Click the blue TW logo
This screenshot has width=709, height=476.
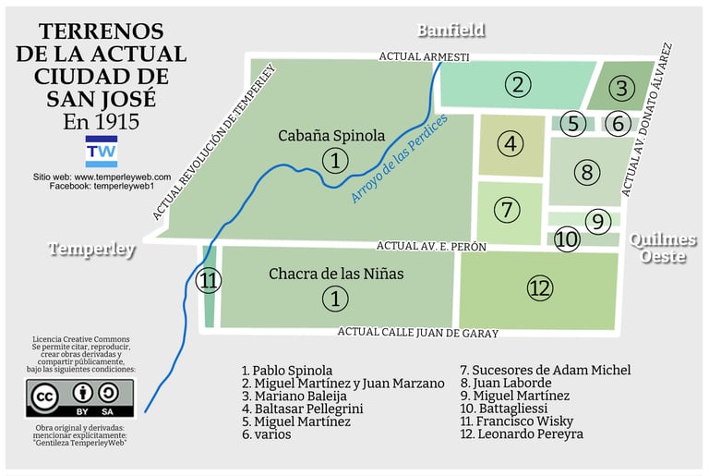(101, 151)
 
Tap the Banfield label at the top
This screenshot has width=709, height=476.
(451, 31)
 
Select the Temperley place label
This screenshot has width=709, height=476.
(92, 250)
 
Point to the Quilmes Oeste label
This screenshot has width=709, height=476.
(664, 248)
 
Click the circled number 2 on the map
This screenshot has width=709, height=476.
(518, 85)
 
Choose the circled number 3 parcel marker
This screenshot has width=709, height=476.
(621, 89)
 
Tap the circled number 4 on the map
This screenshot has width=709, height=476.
(510, 144)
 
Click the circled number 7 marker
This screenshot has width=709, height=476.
(506, 210)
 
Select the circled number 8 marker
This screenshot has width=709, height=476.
(586, 172)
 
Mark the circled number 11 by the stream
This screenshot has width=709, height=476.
(210, 281)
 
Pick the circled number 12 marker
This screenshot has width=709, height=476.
(540, 288)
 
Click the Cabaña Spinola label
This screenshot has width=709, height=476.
(331, 136)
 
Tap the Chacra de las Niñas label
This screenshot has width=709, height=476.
(336, 275)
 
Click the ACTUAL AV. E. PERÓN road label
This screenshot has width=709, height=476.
(431, 247)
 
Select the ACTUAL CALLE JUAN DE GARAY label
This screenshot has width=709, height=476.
(417, 334)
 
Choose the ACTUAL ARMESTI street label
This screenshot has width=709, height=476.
(424, 57)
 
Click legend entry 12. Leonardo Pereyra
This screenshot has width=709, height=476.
(522, 434)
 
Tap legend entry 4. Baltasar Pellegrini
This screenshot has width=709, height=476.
(302, 409)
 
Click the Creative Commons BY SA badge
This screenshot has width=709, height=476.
(85, 397)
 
